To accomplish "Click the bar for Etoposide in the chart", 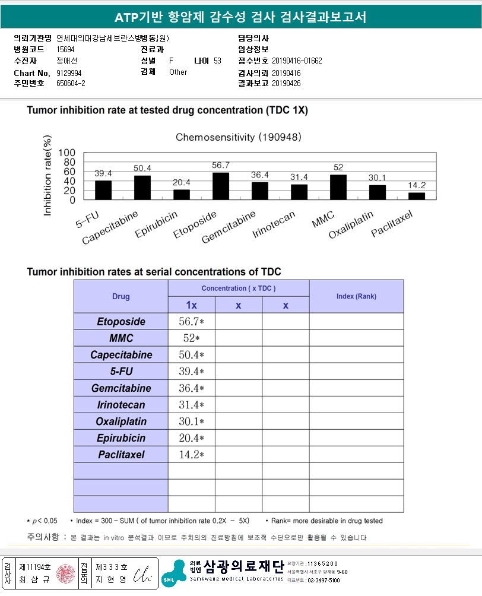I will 221,186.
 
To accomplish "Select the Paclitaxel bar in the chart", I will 417,196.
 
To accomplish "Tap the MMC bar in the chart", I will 338,187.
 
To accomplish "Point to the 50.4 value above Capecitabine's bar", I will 142,168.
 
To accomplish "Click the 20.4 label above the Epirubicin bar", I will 182,182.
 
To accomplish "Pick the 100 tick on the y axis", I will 67,153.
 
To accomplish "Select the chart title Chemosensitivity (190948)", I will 239,137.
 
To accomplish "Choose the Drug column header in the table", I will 121,296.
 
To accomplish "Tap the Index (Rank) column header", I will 356,296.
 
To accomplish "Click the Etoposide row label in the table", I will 121,322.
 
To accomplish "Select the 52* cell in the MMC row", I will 191,338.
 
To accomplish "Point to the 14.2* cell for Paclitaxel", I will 191,455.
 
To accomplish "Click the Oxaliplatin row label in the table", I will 121,421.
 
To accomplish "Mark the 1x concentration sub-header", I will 191,305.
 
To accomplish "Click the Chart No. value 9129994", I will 69,72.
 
